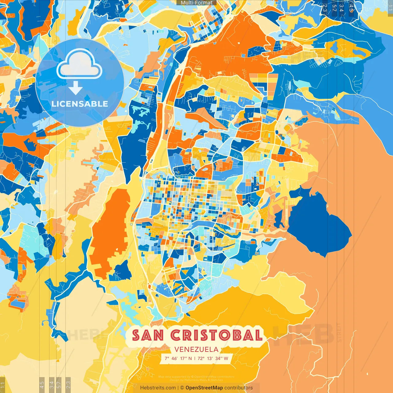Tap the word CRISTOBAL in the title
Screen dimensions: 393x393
[x=216, y=335]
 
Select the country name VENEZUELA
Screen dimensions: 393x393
[x=196, y=349]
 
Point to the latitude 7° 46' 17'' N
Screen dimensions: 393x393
[x=178, y=358]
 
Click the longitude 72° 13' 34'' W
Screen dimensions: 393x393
[x=213, y=358]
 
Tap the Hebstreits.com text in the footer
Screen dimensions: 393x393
[x=158, y=388]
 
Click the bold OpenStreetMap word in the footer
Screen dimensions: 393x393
[x=204, y=388]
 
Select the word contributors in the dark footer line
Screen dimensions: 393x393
[x=238, y=388]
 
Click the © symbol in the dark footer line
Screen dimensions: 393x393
[x=182, y=388]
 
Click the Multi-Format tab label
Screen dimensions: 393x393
[x=196, y=2]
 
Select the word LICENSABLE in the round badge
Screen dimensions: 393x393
[x=80, y=104]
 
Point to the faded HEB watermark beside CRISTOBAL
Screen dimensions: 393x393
[x=304, y=335]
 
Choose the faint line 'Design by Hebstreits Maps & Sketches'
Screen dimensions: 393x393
[x=196, y=380]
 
